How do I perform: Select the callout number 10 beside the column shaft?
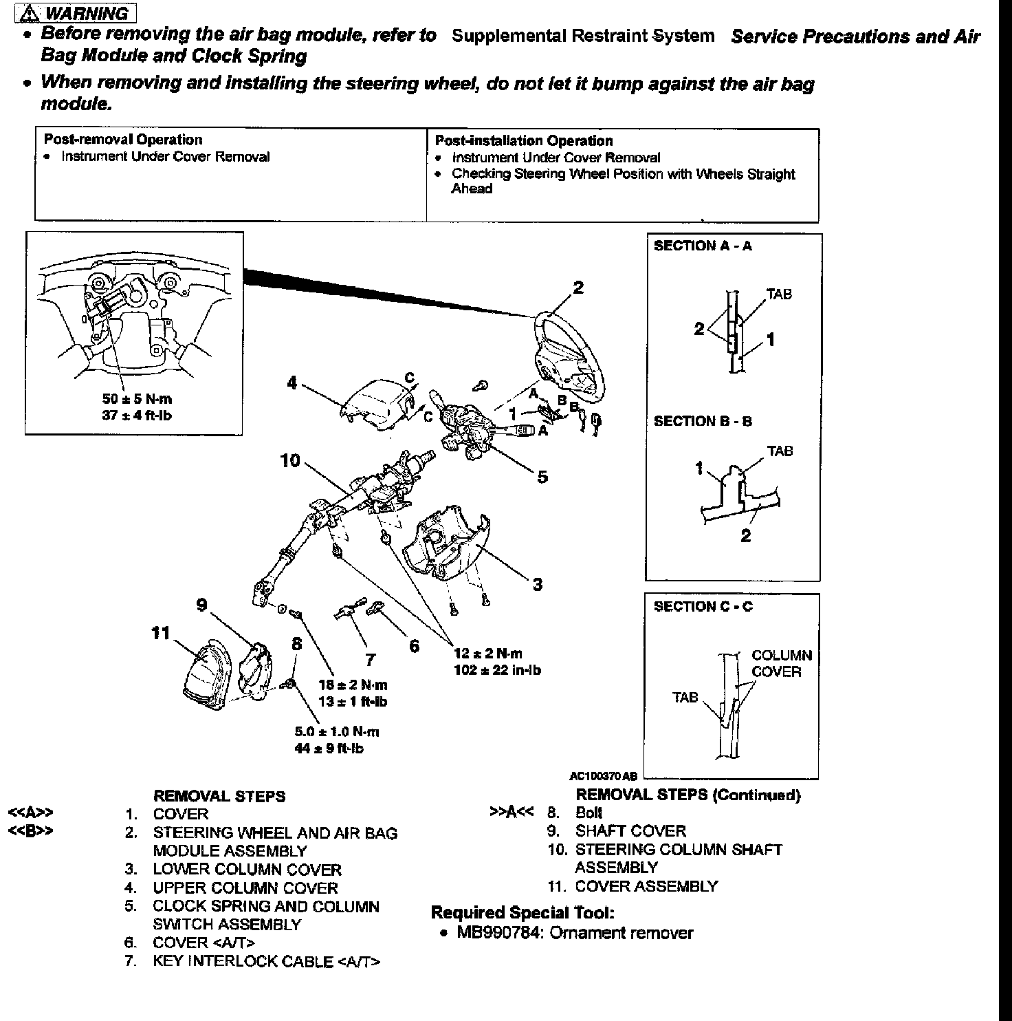(290, 461)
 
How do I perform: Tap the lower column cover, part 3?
(447, 544)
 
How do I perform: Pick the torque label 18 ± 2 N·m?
(353, 685)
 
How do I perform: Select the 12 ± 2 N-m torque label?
(488, 654)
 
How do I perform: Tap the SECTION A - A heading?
(703, 246)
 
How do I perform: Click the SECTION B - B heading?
(703, 421)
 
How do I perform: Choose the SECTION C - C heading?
(703, 607)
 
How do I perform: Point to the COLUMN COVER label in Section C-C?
(781, 663)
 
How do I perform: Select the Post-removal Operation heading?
(123, 140)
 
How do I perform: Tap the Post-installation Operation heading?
(524, 141)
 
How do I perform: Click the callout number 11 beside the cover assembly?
(160, 633)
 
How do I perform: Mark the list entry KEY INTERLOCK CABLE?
(266, 961)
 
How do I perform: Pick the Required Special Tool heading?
(522, 913)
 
